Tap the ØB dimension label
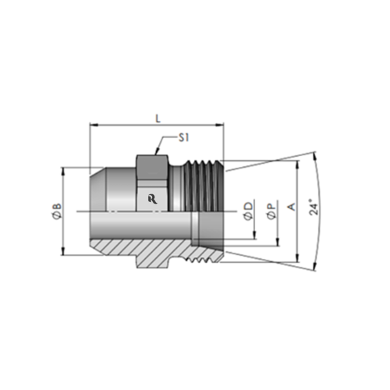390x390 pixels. coord(55,210)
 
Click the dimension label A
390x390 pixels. coord(292,208)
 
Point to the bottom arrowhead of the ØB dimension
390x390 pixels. coord(62,252)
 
